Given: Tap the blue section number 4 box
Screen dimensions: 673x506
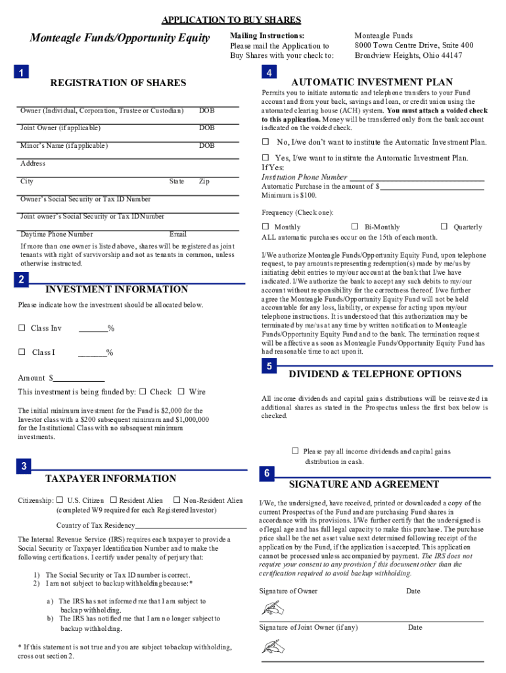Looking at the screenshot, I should (267, 72).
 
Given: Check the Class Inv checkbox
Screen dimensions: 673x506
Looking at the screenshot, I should (22, 328).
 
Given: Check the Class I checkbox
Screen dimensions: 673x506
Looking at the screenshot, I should (22, 352).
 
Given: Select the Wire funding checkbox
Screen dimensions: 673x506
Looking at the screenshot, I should (181, 392).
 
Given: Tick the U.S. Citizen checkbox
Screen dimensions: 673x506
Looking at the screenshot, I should (60, 500).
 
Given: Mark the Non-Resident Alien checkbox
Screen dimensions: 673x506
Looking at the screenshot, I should (176, 500).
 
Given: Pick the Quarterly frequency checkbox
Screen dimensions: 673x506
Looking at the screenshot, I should (446, 227).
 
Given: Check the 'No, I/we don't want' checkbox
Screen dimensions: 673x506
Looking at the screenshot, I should (266, 142).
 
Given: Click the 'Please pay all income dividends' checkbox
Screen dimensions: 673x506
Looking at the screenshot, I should (295, 451).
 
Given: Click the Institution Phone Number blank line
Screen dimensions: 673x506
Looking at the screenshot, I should (417, 178).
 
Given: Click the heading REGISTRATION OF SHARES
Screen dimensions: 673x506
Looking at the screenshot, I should (118, 83).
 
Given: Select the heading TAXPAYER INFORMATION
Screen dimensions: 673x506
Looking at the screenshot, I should (110, 478).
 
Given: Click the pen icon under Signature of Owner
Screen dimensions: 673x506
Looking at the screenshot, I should (271, 608).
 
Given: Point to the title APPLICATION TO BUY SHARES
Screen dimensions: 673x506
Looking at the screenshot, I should (231, 20).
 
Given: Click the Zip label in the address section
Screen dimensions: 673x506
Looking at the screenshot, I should (204, 181).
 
